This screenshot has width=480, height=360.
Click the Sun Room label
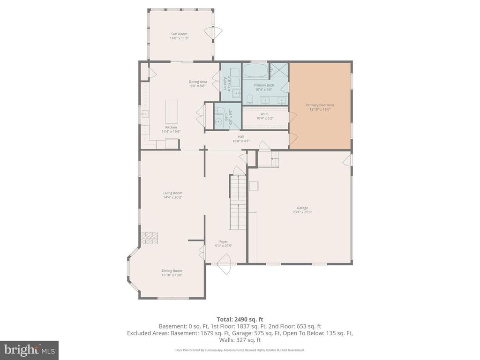point(179,34)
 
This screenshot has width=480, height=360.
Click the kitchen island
point(172,111)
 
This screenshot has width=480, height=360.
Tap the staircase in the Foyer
point(238,202)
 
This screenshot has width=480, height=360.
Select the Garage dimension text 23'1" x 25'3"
point(302,212)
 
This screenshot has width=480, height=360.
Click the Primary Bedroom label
point(320,105)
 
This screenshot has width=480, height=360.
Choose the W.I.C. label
point(264,114)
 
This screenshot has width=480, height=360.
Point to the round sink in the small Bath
point(218,121)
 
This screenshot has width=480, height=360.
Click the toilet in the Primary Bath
point(249,99)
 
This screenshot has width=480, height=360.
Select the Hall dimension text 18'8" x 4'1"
point(241,141)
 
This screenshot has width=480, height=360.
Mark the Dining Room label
point(172,270)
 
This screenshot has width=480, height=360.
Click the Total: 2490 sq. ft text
point(240,319)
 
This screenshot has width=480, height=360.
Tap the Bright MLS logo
point(29,350)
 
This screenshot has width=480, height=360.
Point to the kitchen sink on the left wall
point(145,113)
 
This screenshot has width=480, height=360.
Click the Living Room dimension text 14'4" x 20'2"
point(172,197)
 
